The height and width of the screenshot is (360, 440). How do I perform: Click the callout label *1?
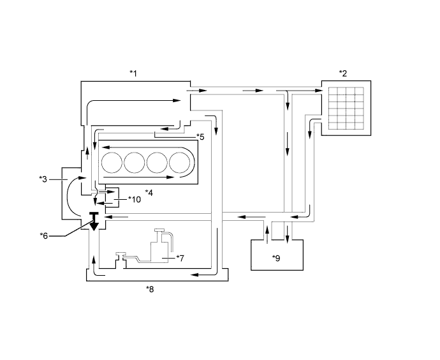tap(133, 73)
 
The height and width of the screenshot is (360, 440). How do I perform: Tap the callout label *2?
tap(343, 73)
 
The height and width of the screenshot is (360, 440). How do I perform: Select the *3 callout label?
tap(43, 179)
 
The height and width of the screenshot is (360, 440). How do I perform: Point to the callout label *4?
tap(149, 193)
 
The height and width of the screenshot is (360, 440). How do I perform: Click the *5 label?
tap(200, 137)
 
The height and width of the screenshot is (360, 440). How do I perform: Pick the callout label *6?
tap(44, 236)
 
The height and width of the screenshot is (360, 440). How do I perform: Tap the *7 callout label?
tap(180, 258)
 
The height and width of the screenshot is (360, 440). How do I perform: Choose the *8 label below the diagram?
tap(150, 289)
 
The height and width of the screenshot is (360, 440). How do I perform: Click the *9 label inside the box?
tap(276, 258)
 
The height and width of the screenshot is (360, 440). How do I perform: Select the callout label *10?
tap(135, 199)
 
